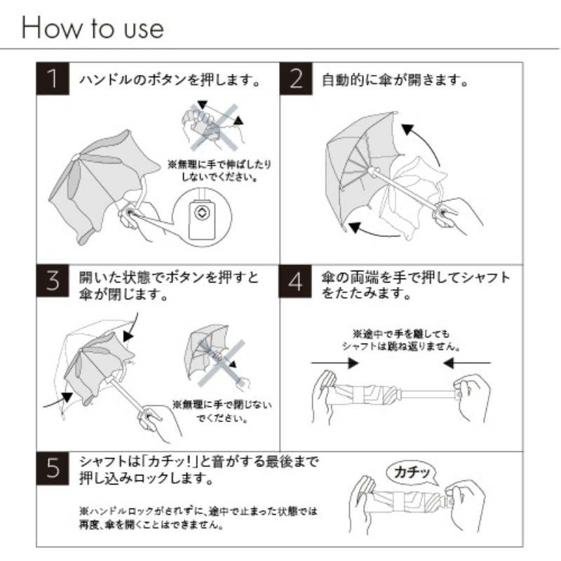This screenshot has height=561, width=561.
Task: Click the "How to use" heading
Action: (x=93, y=27)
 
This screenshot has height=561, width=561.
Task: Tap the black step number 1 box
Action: (x=53, y=79)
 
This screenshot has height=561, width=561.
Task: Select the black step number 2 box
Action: (x=296, y=79)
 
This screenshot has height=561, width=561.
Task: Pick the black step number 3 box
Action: (x=53, y=281)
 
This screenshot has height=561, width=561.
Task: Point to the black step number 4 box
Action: (x=295, y=282)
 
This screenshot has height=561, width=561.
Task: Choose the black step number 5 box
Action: (x=53, y=468)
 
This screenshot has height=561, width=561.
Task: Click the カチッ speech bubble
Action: (x=412, y=473)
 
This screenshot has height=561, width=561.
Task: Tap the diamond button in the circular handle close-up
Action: (x=201, y=213)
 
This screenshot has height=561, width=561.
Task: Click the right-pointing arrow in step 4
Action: (x=334, y=363)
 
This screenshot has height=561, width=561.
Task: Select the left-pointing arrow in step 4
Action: (x=467, y=363)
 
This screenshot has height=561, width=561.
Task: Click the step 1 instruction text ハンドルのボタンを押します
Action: (x=170, y=79)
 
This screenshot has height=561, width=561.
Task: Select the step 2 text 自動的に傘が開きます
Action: (x=395, y=79)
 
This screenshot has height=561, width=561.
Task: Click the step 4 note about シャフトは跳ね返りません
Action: (x=400, y=340)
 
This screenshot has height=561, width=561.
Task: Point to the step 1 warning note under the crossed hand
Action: (x=219, y=170)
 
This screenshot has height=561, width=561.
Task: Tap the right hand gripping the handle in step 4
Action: (x=471, y=397)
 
